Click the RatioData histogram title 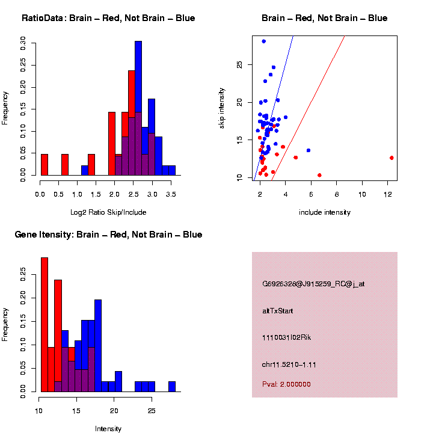108,18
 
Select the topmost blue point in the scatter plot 263,41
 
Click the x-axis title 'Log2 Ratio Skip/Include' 108,212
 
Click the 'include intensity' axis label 325,212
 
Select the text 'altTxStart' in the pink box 277,311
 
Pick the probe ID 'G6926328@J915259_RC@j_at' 313,283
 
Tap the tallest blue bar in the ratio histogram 138,108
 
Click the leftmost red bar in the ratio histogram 44,165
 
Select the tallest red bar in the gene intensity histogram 45,325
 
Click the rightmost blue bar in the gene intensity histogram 172,387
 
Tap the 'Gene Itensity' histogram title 108,235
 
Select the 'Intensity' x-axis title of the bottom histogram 108,429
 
